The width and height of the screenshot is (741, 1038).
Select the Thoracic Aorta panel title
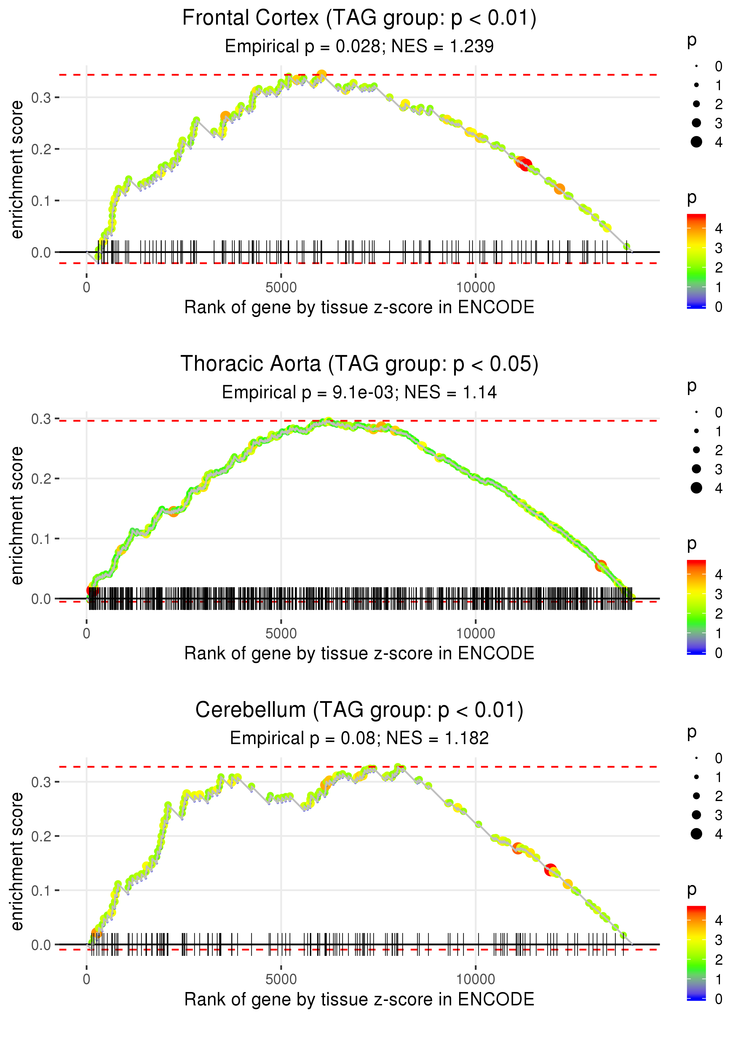click(359, 364)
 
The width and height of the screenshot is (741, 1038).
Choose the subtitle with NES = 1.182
click(359, 738)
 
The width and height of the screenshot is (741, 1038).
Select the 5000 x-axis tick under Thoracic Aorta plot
click(281, 633)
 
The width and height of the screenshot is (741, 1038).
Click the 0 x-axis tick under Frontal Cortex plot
click(87, 288)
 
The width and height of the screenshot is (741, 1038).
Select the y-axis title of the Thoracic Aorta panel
click(17, 516)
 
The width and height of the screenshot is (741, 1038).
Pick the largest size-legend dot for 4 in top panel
click(696, 142)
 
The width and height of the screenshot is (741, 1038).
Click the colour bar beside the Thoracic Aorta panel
click(696, 607)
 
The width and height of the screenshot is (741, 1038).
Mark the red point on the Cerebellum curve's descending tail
click(550, 870)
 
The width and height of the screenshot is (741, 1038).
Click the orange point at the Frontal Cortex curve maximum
click(322, 75)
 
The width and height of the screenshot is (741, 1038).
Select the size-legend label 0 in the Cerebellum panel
click(719, 758)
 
